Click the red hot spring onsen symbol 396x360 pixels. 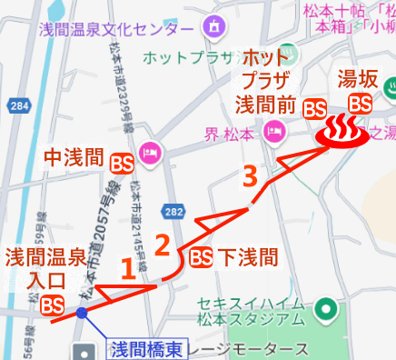click(342, 132)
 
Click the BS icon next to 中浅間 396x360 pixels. click(122, 164)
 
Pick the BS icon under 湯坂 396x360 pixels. click(360, 103)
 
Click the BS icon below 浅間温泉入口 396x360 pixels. click(52, 304)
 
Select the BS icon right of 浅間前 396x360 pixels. click(314, 107)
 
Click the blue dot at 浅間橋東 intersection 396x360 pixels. click(83, 313)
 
